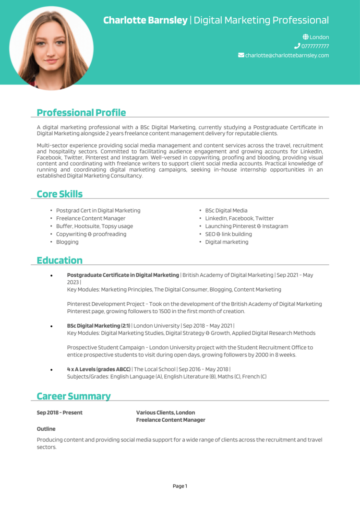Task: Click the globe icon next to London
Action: click(305, 37)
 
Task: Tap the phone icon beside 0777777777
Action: click(297, 46)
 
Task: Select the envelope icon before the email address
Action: click(241, 55)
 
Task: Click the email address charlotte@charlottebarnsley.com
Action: click(287, 55)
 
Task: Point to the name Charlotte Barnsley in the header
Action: click(145, 20)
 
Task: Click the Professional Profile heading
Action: click(81, 113)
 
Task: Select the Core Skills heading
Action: click(60, 194)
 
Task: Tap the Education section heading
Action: click(60, 260)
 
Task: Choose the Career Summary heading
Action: click(73, 396)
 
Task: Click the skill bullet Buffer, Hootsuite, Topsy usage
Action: click(95, 226)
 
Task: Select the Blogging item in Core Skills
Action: click(67, 242)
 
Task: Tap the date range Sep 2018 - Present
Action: click(60, 413)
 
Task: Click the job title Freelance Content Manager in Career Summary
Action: click(170, 420)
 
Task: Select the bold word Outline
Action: click(46, 429)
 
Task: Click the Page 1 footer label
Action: click(180, 486)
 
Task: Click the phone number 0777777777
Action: click(315, 46)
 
